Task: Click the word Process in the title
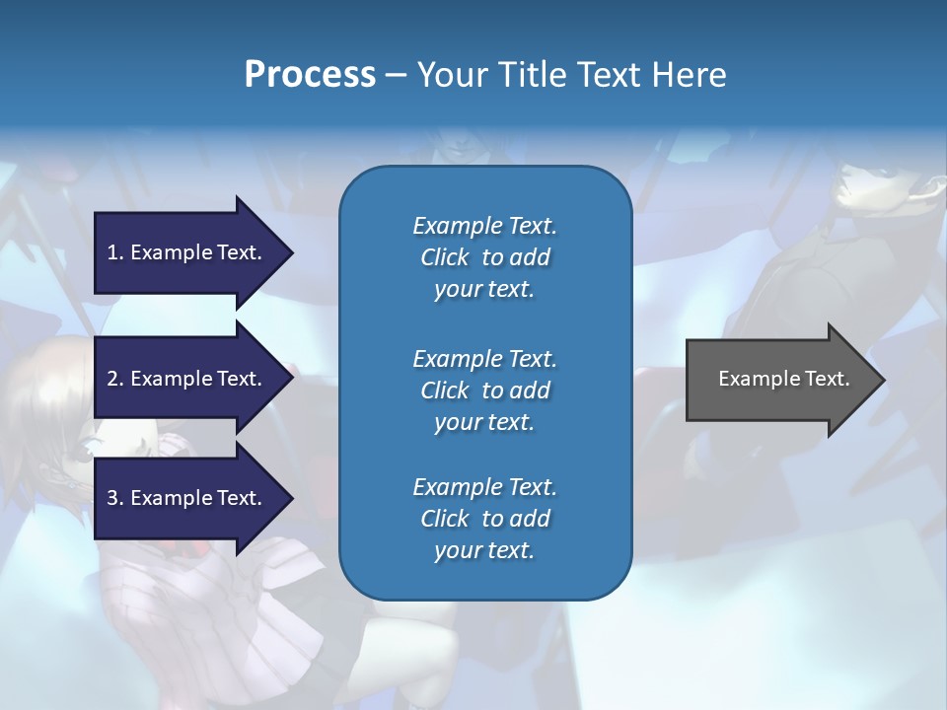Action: pyautogui.click(x=310, y=75)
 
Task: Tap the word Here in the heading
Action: pyautogui.click(x=687, y=75)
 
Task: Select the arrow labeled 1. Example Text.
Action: pyautogui.click(x=187, y=252)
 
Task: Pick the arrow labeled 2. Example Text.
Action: pyautogui.click(x=187, y=379)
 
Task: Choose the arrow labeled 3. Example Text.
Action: pyautogui.click(x=187, y=498)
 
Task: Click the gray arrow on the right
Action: pyautogui.click(x=779, y=379)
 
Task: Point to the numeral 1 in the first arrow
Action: pyautogui.click(x=112, y=252)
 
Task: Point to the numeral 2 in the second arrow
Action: pyautogui.click(x=112, y=379)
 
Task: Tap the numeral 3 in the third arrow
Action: pyautogui.click(x=112, y=498)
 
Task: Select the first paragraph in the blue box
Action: pyautogui.click(x=484, y=257)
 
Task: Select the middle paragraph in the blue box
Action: pyautogui.click(x=484, y=390)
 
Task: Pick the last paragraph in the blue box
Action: pyautogui.click(x=484, y=519)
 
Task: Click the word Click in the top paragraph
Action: pyautogui.click(x=444, y=257)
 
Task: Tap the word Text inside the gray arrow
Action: pyautogui.click(x=827, y=379)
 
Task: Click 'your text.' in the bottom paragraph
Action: pyautogui.click(x=484, y=550)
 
